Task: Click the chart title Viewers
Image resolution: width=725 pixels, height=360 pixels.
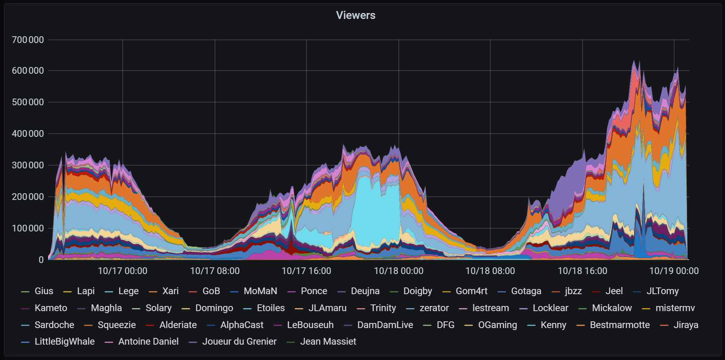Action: [355, 15]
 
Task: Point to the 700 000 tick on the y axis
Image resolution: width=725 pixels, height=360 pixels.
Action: [28, 40]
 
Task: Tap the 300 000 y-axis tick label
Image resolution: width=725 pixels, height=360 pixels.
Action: [28, 165]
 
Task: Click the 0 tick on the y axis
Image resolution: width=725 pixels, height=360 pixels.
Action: [41, 259]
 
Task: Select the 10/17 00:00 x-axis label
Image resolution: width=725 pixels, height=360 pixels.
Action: [122, 271]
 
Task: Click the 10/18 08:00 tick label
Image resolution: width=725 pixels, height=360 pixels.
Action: [490, 271]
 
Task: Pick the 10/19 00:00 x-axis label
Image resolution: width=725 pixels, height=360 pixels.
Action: [674, 271]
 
